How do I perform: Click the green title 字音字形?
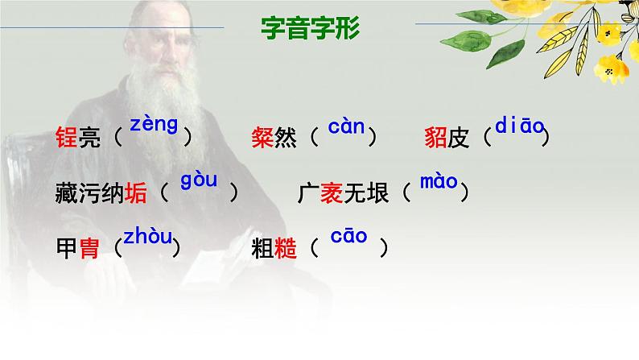click(311, 29)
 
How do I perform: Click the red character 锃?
click(67, 138)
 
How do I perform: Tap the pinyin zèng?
click(153, 125)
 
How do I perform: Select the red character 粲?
click(263, 138)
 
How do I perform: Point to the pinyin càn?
click(346, 126)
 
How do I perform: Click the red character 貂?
click(435, 138)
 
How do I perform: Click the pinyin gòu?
click(199, 180)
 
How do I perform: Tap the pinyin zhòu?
click(147, 237)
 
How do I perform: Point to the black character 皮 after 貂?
click(458, 138)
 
